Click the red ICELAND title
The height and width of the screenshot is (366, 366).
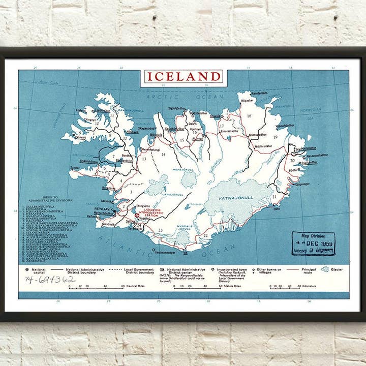point(184,77)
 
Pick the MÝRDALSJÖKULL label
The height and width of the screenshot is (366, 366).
point(183,227)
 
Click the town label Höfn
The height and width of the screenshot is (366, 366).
point(277,208)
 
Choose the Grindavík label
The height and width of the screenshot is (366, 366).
point(108,224)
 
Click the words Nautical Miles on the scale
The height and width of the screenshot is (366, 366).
point(137,287)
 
